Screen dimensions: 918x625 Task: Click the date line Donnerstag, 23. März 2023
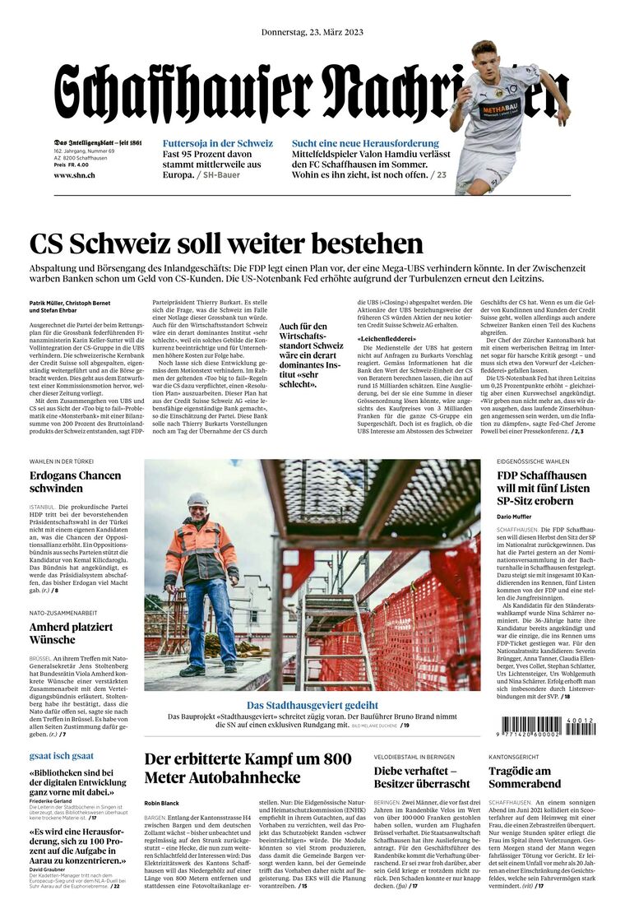point(312,32)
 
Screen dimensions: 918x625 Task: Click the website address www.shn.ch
point(74,175)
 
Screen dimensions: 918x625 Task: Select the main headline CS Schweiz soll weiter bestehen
point(226,243)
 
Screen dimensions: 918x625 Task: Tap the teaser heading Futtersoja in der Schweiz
point(218,143)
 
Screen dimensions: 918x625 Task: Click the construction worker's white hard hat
point(197,499)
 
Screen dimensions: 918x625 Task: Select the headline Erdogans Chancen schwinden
point(75,481)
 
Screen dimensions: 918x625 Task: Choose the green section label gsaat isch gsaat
point(62,755)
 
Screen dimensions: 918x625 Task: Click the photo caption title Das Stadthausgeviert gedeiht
point(312,705)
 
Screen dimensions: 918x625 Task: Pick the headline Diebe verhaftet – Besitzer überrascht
point(421,777)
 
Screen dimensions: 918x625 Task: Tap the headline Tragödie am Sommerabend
point(530,777)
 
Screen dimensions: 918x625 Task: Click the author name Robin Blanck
point(161,803)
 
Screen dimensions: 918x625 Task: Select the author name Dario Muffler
point(515,517)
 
